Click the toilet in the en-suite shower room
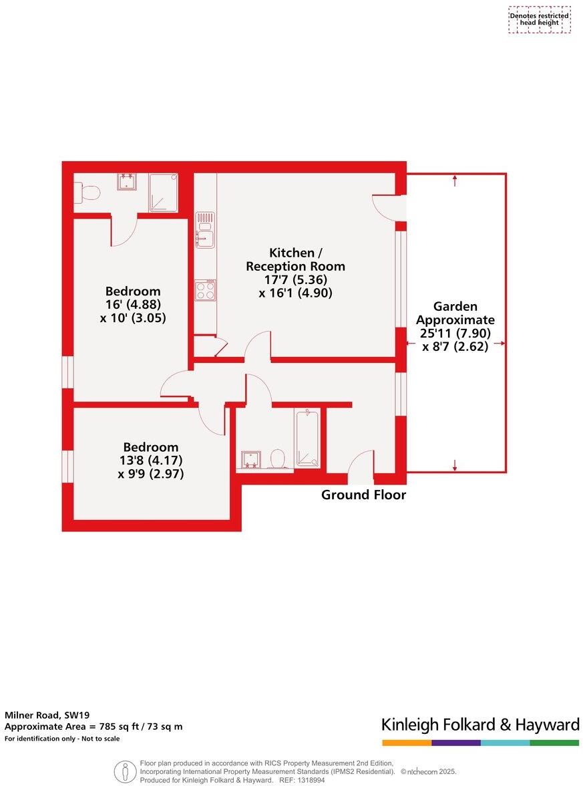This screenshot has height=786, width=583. click(x=87, y=193)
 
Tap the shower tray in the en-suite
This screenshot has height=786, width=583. click(x=163, y=192)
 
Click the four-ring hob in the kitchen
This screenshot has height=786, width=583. click(x=205, y=290)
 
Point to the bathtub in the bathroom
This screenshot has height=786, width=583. click(x=307, y=438)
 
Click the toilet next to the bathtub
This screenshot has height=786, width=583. click(x=277, y=458)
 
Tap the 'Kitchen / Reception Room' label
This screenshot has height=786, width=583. click(x=295, y=259)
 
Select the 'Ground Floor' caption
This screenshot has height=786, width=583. click(x=363, y=495)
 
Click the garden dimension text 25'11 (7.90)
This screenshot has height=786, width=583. click(x=455, y=333)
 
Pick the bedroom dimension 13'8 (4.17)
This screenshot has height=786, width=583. click(x=150, y=461)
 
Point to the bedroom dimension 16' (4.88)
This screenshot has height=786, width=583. click(x=133, y=305)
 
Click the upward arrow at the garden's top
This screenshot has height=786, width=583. click(x=455, y=179)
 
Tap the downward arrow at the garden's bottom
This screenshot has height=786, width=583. click(x=455, y=466)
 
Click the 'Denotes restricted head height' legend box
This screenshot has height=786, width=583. click(x=540, y=19)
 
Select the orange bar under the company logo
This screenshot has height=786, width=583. click(x=407, y=743)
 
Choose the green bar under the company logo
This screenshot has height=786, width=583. click(x=554, y=743)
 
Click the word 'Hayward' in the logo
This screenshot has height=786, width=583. click(x=548, y=725)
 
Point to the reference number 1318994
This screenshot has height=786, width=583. click(x=311, y=780)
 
